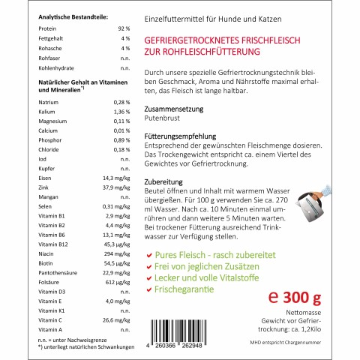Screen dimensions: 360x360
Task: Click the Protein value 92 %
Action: pyautogui.click(x=124, y=28)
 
